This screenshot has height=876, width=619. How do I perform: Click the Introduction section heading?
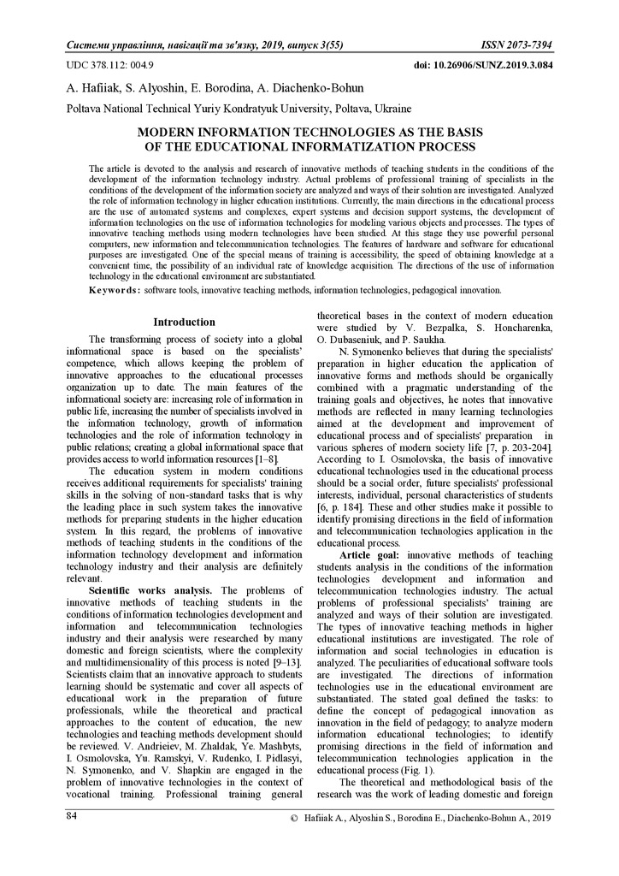click(184, 323)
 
